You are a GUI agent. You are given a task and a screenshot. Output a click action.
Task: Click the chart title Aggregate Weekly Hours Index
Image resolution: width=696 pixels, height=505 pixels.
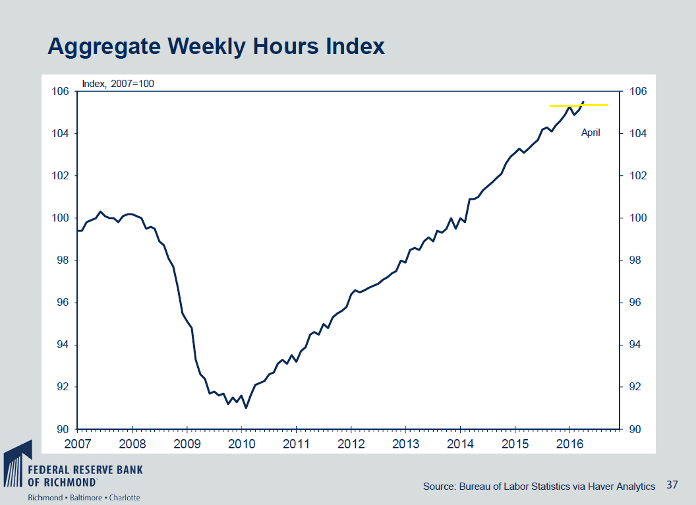216,47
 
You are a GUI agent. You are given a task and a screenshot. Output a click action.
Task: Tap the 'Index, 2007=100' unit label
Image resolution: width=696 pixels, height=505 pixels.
117,83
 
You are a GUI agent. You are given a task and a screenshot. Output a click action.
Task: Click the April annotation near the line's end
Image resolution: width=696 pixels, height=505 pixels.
591,133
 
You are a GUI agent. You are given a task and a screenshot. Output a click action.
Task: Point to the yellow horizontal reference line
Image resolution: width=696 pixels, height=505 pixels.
579,105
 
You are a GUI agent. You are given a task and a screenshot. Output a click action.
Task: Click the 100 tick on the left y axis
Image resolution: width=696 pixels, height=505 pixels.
61,218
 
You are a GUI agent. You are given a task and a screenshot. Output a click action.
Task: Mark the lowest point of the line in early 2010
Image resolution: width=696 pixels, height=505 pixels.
246,408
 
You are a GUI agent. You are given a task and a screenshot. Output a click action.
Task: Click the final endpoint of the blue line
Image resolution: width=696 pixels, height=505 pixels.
583,102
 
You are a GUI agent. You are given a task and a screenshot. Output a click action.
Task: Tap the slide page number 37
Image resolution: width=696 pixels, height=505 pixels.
672,485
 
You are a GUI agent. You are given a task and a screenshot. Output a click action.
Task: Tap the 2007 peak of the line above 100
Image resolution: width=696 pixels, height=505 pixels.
100,212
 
